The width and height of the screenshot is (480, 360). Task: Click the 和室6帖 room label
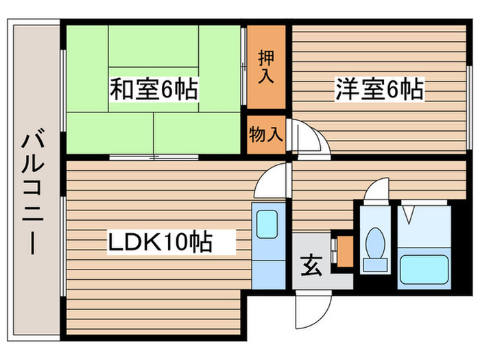pyautogui.click(x=154, y=88)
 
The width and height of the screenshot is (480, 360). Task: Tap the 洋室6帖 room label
pyautogui.click(x=380, y=88)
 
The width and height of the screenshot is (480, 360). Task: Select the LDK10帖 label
pyautogui.click(x=160, y=242)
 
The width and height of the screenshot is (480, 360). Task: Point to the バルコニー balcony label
pyautogui.click(x=33, y=192)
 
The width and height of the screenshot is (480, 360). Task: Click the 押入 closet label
pyautogui.click(x=266, y=67)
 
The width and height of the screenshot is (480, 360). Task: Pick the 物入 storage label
pyautogui.click(x=266, y=134)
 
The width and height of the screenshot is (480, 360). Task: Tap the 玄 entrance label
pyautogui.click(x=311, y=265)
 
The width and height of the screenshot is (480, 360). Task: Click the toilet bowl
pyautogui.click(x=375, y=243)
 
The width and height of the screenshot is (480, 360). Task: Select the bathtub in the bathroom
pyautogui.click(x=424, y=269)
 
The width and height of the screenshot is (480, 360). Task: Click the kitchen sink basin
pyautogui.click(x=267, y=224)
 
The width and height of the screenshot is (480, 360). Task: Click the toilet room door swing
pyautogui.click(x=376, y=191)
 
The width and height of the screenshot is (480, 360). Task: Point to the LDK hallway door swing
pyautogui.click(x=272, y=180)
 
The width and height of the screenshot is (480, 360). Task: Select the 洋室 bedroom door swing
pyautogui.click(x=309, y=138)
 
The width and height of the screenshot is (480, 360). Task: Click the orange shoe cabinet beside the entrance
pyautogui.click(x=345, y=252)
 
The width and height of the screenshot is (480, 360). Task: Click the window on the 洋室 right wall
pyautogui.click(x=468, y=108)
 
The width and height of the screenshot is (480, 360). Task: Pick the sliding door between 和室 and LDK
pyautogui.click(x=154, y=157)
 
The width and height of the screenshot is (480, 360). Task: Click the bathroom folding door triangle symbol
pyautogui.click(x=409, y=215)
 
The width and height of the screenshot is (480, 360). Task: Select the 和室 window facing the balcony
pyautogui.click(x=63, y=91)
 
